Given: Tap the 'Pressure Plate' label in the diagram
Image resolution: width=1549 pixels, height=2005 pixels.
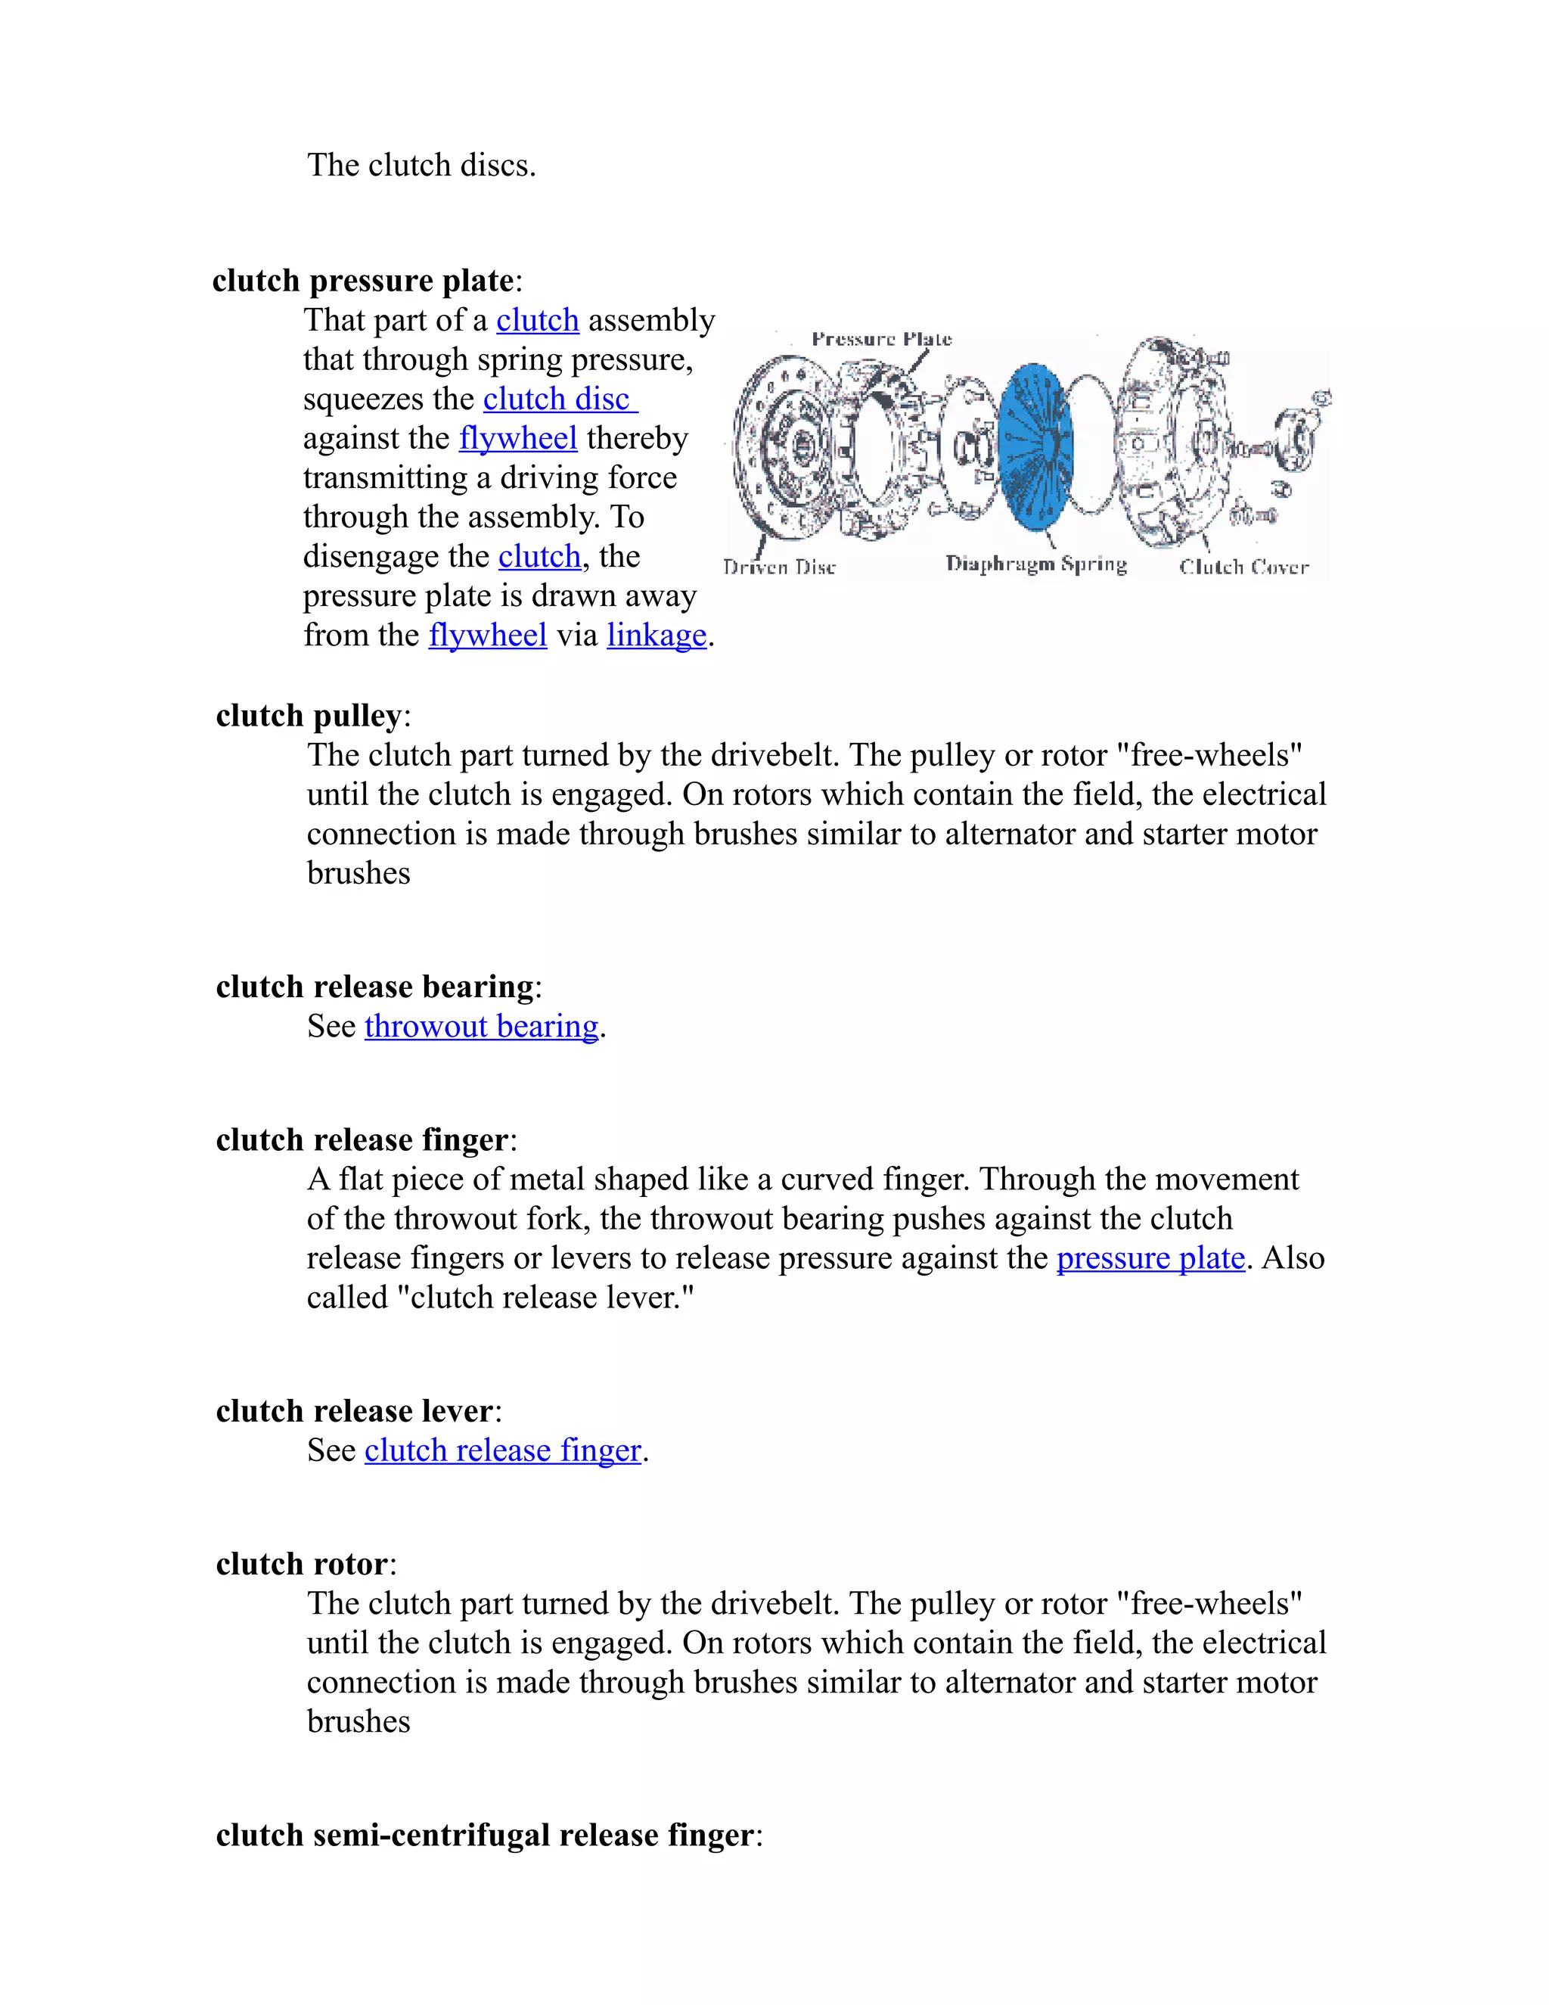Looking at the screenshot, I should [x=881, y=339].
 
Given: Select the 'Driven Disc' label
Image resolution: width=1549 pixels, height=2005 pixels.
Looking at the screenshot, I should [x=779, y=567].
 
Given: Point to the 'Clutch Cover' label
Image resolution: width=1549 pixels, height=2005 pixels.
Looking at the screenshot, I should [x=1243, y=567].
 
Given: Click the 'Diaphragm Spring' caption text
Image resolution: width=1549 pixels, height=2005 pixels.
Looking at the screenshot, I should [x=1036, y=564].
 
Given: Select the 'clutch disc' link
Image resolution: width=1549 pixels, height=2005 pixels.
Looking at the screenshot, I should [x=559, y=399].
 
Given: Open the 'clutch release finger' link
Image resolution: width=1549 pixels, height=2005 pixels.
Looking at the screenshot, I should [x=502, y=1450].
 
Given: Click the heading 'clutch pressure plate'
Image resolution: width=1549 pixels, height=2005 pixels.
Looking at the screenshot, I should [x=362, y=280].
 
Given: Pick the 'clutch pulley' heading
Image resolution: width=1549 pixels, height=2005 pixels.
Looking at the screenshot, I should [x=309, y=715].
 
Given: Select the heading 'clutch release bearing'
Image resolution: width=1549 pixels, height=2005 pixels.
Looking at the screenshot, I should [x=374, y=986].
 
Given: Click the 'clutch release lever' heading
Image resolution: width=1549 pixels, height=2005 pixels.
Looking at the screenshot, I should [x=354, y=1410].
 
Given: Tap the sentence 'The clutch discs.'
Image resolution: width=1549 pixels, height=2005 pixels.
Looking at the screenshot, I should [x=421, y=165].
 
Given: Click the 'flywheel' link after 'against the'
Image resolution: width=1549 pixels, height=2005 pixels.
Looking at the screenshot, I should [x=517, y=438].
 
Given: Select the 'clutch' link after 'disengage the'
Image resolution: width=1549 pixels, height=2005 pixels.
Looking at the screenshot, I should [x=539, y=556].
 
